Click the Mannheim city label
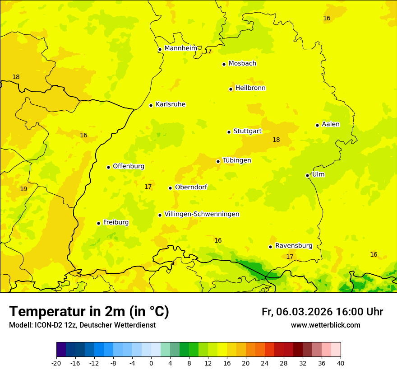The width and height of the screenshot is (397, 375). [x=181, y=48]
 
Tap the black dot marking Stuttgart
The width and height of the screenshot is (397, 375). [x=229, y=132]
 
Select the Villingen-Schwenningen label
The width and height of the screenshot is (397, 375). [x=202, y=214]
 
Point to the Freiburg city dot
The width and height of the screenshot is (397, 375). [x=99, y=223]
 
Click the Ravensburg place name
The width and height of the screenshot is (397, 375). [x=294, y=246]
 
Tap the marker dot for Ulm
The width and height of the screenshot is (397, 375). [x=308, y=175]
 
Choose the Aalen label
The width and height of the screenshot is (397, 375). [x=331, y=124]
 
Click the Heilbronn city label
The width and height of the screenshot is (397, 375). [x=250, y=88]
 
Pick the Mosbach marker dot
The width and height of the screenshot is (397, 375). [x=224, y=64]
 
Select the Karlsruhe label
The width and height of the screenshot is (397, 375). [x=171, y=104]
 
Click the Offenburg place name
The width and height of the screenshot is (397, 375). [x=129, y=166]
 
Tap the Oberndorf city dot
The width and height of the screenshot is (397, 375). [x=171, y=188]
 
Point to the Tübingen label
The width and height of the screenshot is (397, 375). [x=237, y=160]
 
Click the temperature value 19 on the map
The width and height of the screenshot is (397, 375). [x=23, y=189]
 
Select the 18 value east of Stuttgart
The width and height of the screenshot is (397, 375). [x=276, y=140]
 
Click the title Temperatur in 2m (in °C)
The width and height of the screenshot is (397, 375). [x=89, y=311]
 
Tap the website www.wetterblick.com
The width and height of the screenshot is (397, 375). [x=325, y=325]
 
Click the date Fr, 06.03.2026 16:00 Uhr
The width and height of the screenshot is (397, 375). [x=322, y=312]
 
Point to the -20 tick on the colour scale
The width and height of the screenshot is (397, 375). [x=56, y=363]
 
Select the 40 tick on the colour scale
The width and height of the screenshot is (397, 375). [x=341, y=363]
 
